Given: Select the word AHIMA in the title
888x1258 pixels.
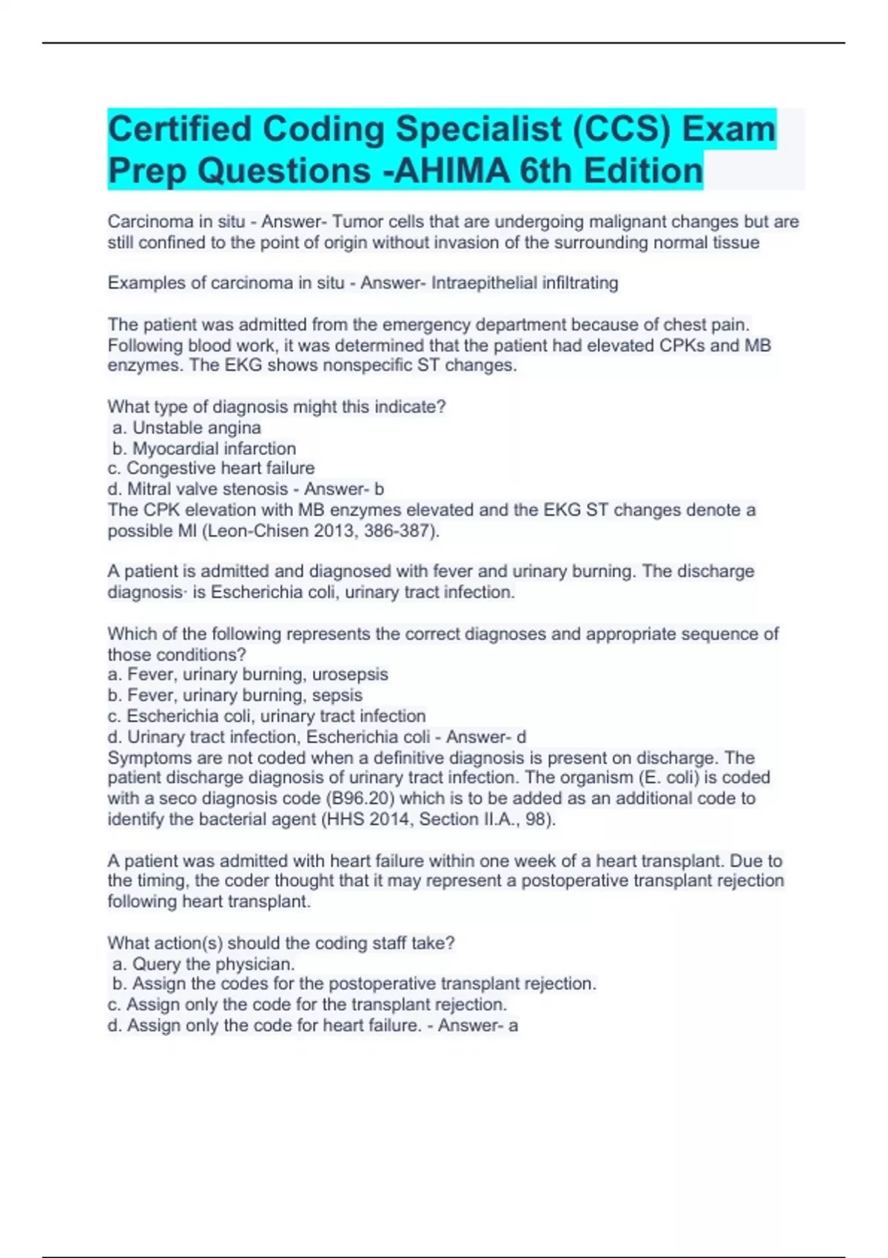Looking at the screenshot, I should [x=452, y=170].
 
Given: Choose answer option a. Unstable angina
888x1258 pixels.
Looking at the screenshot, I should [x=187, y=428].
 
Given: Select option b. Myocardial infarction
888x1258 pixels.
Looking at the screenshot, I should [x=204, y=448].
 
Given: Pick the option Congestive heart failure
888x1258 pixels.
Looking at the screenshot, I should [x=211, y=468].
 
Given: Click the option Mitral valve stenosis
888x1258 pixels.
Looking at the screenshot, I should [x=198, y=489].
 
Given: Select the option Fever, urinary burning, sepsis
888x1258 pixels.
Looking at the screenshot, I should [x=235, y=695].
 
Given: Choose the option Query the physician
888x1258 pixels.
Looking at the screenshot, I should [x=204, y=963].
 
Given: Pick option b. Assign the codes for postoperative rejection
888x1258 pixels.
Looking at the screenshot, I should [x=354, y=983].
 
